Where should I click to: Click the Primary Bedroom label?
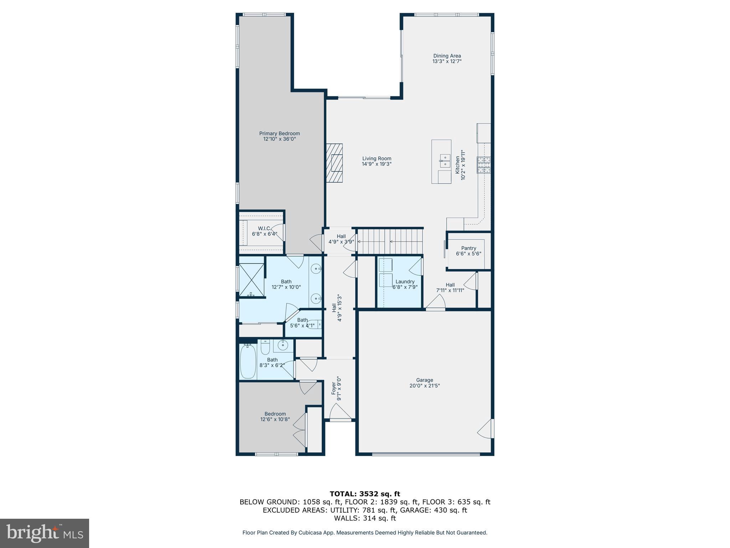tap(279, 134)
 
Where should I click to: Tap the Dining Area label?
tap(447, 56)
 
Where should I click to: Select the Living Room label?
tap(377, 159)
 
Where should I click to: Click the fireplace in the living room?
tap(334, 163)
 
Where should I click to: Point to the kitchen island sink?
tap(445, 161)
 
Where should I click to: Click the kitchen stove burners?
tap(484, 165)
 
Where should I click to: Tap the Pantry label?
tap(468, 248)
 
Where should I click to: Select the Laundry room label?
tap(405, 281)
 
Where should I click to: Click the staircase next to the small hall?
tap(390, 241)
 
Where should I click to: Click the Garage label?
tap(424, 380)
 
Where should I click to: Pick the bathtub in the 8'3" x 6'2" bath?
tap(248, 361)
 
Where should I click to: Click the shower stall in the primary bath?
tap(251, 280)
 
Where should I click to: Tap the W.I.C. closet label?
tap(264, 228)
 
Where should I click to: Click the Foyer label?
tap(334, 389)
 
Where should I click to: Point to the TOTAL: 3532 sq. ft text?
tap(365, 494)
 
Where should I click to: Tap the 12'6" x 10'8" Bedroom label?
tap(275, 414)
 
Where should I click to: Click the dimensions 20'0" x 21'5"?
tap(424, 386)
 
